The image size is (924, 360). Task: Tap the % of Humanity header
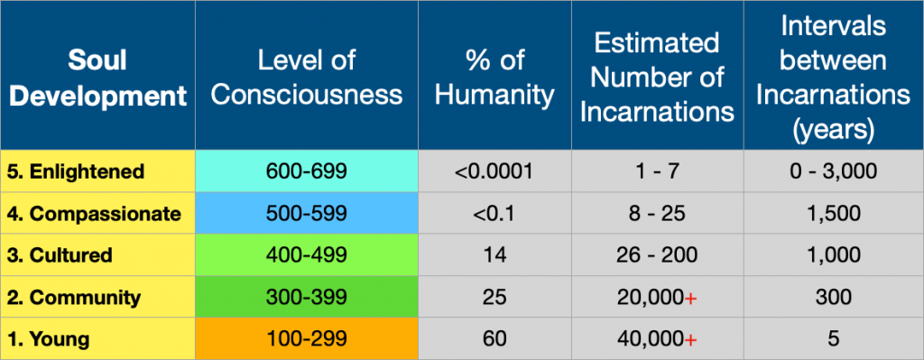point(494,78)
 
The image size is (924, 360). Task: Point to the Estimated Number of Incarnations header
point(656,78)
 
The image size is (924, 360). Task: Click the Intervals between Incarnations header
point(832,78)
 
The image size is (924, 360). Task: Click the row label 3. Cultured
point(60,255)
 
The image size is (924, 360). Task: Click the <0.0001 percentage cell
point(494,171)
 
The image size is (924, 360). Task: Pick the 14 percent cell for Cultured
point(494,255)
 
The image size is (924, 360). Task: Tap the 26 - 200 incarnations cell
point(656,255)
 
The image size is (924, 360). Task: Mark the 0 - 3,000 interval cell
point(832,171)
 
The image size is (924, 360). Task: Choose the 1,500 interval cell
point(832,214)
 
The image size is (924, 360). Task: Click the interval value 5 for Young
point(832,338)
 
